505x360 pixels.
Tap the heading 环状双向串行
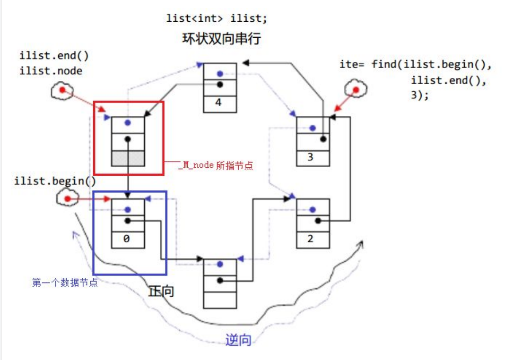click(x=221, y=39)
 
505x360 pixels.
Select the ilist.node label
click(x=51, y=71)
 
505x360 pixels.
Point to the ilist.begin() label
click(x=55, y=181)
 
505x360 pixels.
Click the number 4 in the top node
click(x=218, y=102)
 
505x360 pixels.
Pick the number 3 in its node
click(x=310, y=157)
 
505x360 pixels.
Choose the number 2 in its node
click(x=310, y=239)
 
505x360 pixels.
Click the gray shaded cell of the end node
click(x=128, y=157)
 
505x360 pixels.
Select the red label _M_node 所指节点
click(x=216, y=166)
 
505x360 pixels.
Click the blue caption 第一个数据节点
click(x=65, y=283)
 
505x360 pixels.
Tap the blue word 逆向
click(x=238, y=339)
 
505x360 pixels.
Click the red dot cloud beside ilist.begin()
click(x=67, y=199)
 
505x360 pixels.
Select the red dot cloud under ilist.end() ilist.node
click(x=62, y=91)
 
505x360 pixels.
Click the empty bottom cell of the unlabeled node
click(x=220, y=300)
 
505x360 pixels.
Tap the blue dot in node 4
click(x=220, y=74)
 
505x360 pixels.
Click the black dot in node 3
click(x=323, y=139)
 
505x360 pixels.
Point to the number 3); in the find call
click(x=419, y=95)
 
